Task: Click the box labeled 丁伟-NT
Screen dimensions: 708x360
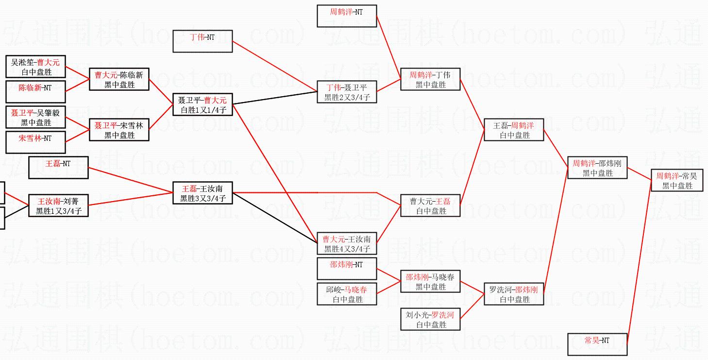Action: [202, 41]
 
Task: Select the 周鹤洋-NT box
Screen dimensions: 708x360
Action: [347, 16]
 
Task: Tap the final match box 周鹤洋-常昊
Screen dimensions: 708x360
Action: [677, 180]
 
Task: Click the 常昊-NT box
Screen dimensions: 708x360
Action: [597, 344]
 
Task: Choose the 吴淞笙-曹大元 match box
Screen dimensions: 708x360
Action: [36, 67]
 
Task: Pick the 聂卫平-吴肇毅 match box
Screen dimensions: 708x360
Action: [36, 118]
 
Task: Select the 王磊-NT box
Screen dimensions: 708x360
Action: [58, 168]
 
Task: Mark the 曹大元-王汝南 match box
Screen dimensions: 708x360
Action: [347, 244]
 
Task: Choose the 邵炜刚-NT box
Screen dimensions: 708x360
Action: [347, 269]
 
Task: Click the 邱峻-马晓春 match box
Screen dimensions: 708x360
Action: [347, 294]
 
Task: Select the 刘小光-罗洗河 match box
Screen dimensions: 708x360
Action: [430, 320]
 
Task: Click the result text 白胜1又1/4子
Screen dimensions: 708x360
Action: [202, 110]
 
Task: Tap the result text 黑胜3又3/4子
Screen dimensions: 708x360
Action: [202, 198]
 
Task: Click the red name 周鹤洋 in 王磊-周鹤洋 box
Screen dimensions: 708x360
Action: [523, 125]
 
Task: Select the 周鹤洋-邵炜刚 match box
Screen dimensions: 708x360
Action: [597, 168]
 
